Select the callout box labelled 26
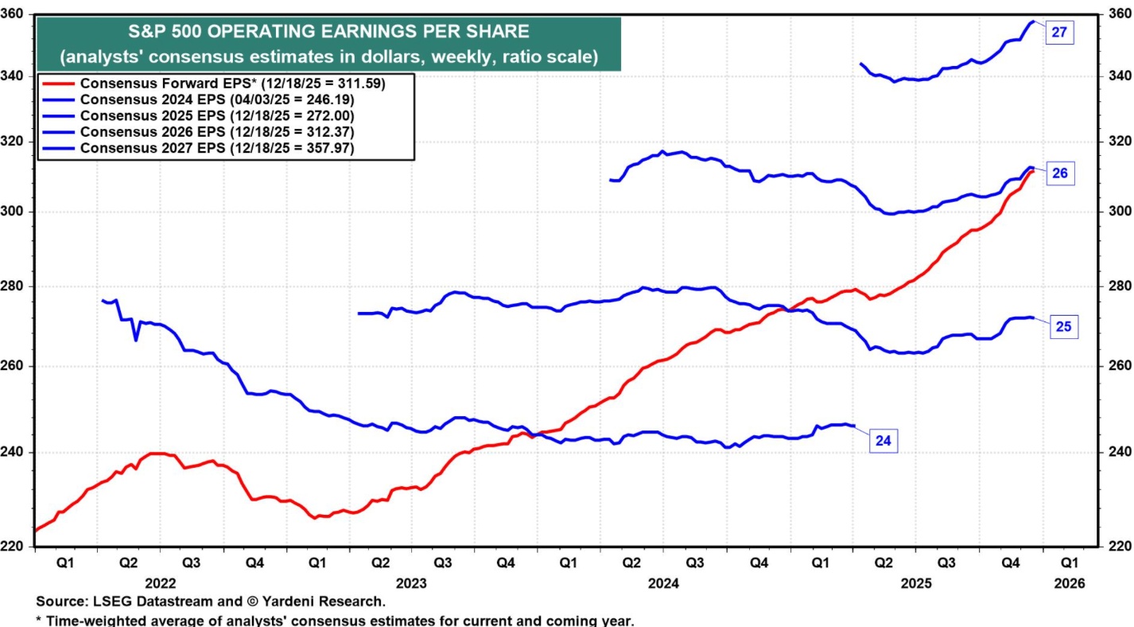click(x=1059, y=173)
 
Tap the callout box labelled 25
click(x=1064, y=325)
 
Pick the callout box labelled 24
click(x=883, y=439)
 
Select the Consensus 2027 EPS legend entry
click(x=217, y=149)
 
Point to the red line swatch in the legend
click(x=57, y=83)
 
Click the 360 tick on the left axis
click(x=16, y=14)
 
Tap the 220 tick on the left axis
click(x=16, y=547)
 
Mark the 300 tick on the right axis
click(x=1116, y=212)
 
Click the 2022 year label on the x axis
click(x=160, y=582)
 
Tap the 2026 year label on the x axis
click(x=1067, y=582)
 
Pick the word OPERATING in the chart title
click(x=255, y=32)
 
